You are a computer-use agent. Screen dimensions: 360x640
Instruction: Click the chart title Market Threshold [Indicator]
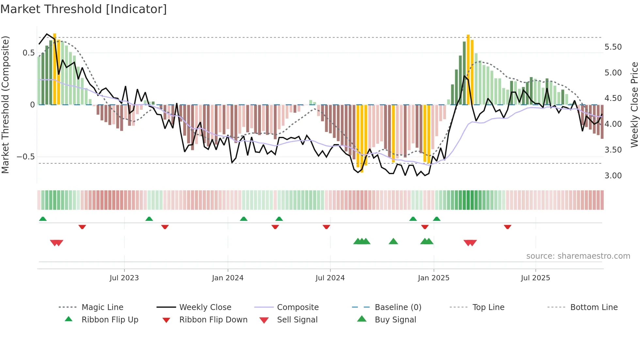(x=84, y=9)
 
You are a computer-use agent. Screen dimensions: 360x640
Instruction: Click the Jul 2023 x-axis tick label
(x=124, y=278)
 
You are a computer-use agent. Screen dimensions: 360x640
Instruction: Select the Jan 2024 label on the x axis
(x=228, y=278)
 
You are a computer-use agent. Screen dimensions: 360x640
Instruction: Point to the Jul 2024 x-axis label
(x=330, y=278)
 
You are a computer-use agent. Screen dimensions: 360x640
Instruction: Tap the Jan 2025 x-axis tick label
(x=433, y=278)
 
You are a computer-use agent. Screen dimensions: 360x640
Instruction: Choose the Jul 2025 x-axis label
(x=535, y=278)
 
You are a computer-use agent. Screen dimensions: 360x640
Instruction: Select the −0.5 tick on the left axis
(x=25, y=157)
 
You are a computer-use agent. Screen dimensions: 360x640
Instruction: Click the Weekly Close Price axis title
(x=634, y=105)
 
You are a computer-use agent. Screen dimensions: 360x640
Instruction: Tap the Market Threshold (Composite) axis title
(x=5, y=105)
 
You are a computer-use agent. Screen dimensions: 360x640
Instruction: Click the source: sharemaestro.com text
(x=578, y=256)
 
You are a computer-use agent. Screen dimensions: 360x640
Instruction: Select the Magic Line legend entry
(x=102, y=307)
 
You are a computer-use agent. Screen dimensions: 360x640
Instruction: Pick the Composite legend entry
(x=297, y=307)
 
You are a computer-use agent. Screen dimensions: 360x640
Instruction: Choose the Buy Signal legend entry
(x=395, y=320)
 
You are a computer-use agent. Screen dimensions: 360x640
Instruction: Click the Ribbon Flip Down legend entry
(x=213, y=320)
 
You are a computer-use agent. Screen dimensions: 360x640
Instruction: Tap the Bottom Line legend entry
(x=594, y=307)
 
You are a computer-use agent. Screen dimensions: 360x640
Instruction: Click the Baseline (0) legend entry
(x=398, y=307)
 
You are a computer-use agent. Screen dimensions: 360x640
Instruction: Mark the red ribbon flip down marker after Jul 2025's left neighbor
(x=507, y=227)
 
